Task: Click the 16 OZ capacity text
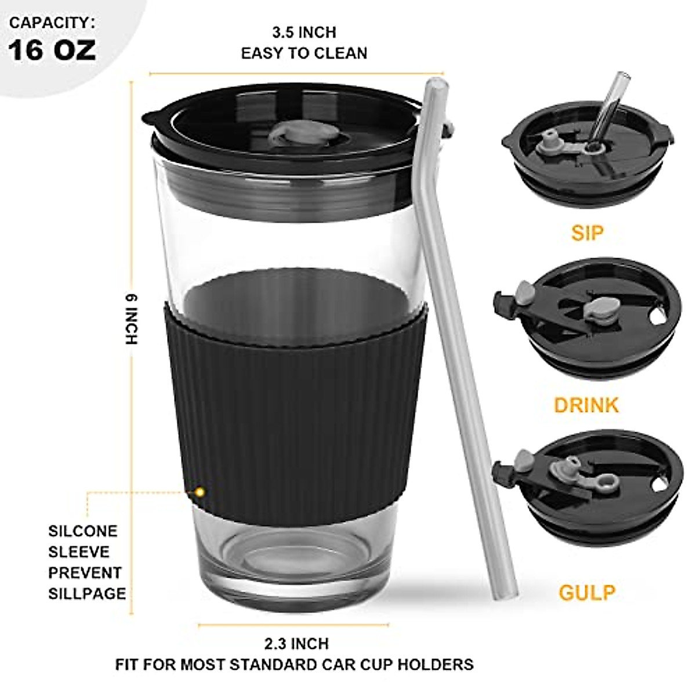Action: (52, 50)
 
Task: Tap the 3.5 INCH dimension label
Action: (304, 32)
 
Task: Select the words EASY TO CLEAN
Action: (304, 53)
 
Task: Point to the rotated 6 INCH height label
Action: (133, 320)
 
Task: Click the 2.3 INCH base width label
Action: (296, 643)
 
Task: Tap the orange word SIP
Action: (587, 233)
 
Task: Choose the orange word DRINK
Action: (586, 405)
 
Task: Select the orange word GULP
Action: (587, 593)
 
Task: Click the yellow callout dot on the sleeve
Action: (201, 492)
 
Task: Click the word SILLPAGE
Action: (87, 593)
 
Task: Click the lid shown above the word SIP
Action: (589, 157)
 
